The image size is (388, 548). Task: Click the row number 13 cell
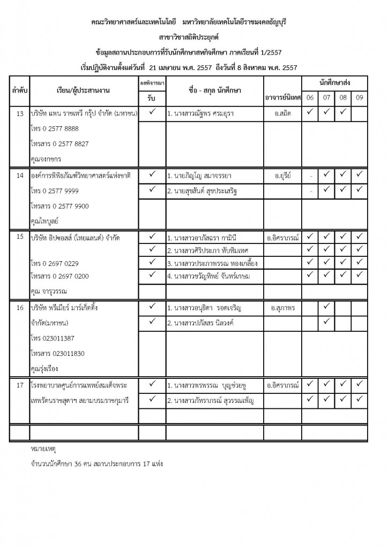[x=20, y=114]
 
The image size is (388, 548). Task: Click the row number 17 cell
[x=20, y=385]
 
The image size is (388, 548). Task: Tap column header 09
[x=359, y=98]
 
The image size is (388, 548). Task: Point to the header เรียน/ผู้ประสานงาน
[x=83, y=91]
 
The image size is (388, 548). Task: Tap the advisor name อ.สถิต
[x=282, y=114]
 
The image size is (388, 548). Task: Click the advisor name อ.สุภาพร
[x=283, y=309]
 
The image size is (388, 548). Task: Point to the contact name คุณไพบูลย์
[x=45, y=220]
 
